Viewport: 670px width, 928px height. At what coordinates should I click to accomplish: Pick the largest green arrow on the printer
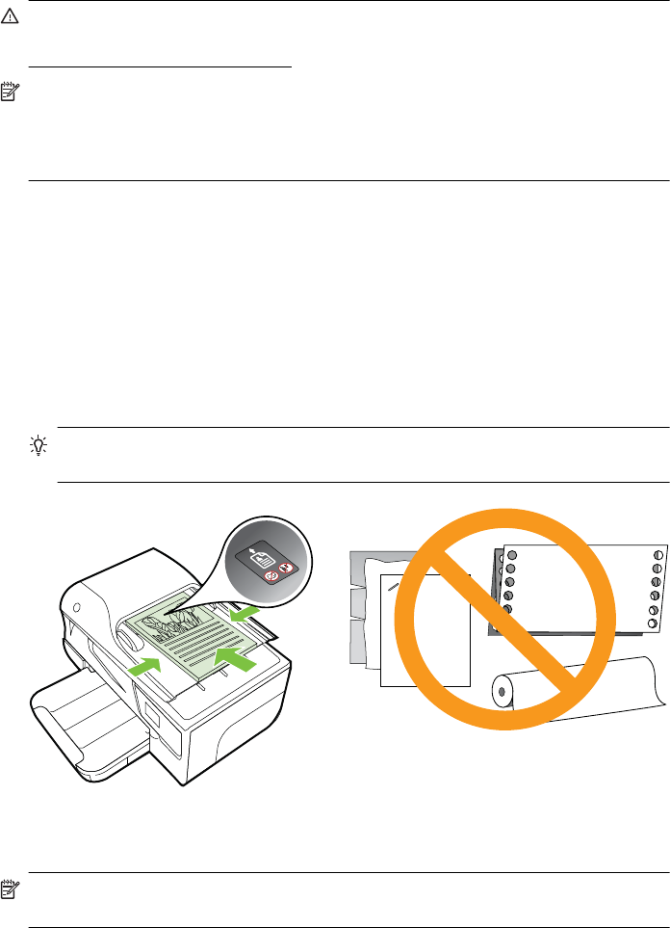click(236, 660)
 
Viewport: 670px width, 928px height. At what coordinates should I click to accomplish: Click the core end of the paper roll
click(499, 691)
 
